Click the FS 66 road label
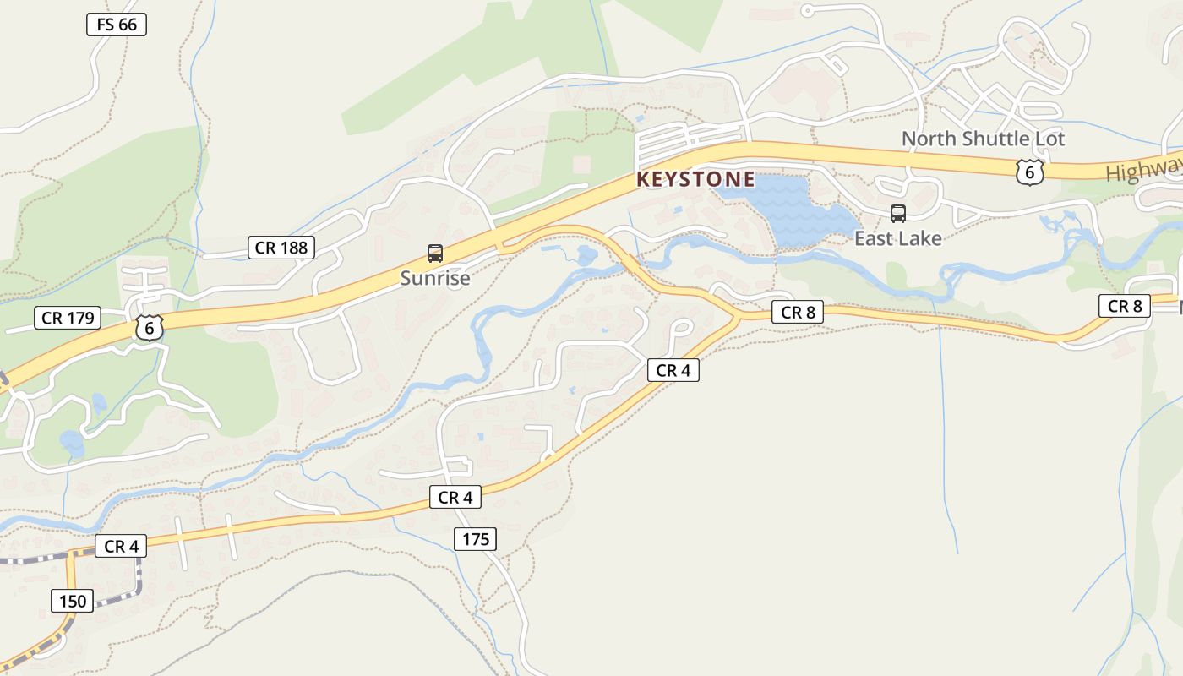coord(117,25)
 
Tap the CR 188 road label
coord(282,248)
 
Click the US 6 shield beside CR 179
coord(149,328)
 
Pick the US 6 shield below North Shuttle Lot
coord(1029,172)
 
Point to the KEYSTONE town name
coord(695,179)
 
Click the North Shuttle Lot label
coord(983,139)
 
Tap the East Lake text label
coord(897,239)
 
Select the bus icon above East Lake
coord(897,214)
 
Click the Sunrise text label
coord(434,278)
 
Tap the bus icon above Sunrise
coord(434,253)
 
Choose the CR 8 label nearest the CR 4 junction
coord(798,313)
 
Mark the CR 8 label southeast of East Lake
coord(1125,306)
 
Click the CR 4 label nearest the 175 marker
coord(455,498)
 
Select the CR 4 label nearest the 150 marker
coord(121,547)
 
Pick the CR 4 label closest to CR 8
coord(673,370)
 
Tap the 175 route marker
coord(475,539)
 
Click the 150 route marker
coord(73,602)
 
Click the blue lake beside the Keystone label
coord(790,211)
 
